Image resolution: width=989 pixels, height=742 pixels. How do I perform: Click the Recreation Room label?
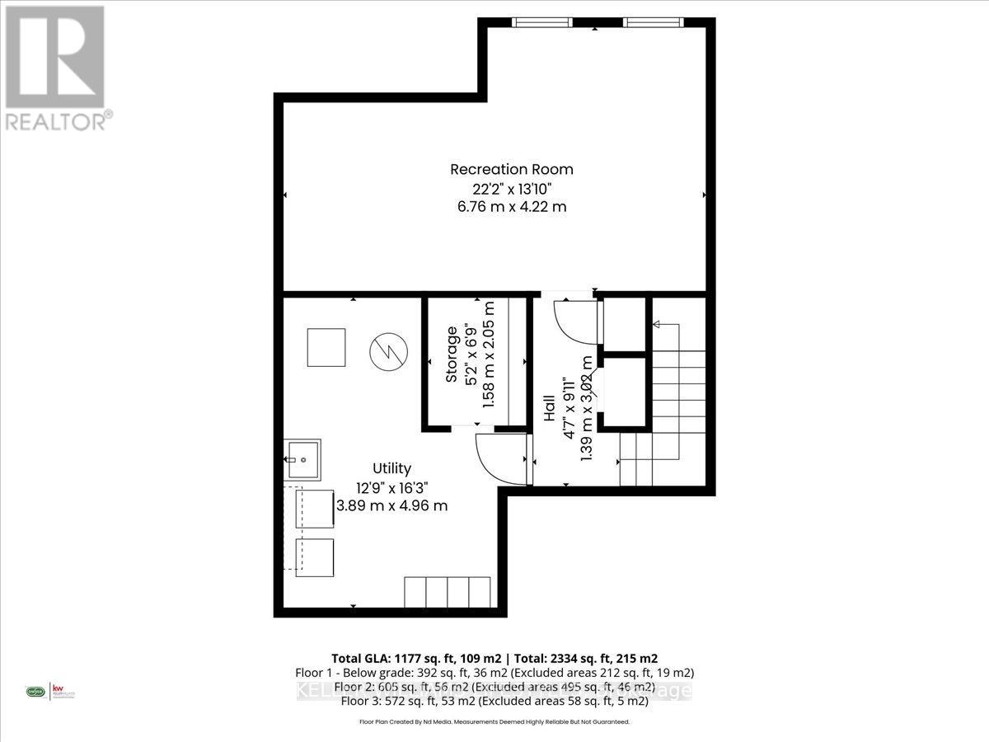(511, 169)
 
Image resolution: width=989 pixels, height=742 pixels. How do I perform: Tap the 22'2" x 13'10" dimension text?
(511, 188)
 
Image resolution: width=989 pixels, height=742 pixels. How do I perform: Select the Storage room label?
(452, 355)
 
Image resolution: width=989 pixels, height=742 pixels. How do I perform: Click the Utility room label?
(391, 468)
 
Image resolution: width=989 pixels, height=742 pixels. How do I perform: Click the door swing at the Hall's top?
(574, 322)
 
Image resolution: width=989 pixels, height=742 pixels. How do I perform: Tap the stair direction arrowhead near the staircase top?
(657, 326)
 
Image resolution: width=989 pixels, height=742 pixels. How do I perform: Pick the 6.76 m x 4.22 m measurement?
(511, 207)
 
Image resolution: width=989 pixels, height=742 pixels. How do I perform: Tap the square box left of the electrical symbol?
(326, 347)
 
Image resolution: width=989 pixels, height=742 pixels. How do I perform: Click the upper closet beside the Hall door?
(624, 323)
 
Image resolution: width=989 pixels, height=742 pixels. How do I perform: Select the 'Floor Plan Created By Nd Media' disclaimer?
(494, 721)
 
